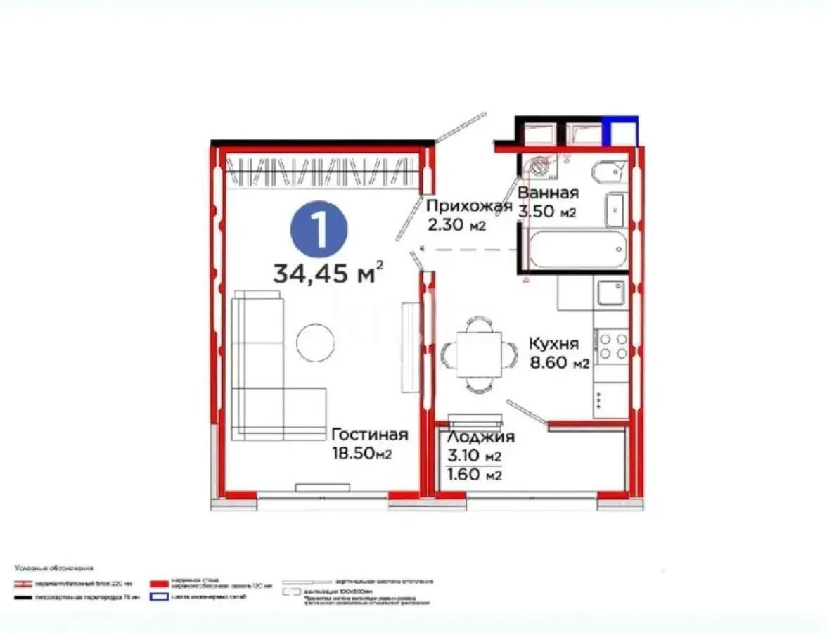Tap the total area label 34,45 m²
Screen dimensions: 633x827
[x=328, y=272]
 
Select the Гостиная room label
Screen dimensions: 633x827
[x=369, y=435]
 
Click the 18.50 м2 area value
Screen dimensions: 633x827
[x=361, y=454]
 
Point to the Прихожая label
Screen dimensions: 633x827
[x=468, y=206]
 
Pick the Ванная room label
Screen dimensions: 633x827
[x=548, y=193]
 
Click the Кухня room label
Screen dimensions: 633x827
[x=554, y=344]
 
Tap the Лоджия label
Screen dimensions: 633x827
[x=481, y=437]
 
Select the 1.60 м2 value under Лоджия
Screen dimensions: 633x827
[x=475, y=475]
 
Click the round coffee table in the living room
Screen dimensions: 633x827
[x=315, y=343]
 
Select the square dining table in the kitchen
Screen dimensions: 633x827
[x=478, y=354]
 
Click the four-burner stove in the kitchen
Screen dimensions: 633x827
[x=611, y=347]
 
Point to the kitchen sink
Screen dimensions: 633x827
[x=610, y=293]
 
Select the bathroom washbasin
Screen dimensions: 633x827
[x=615, y=208]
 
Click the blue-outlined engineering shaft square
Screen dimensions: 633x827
[x=623, y=133]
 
